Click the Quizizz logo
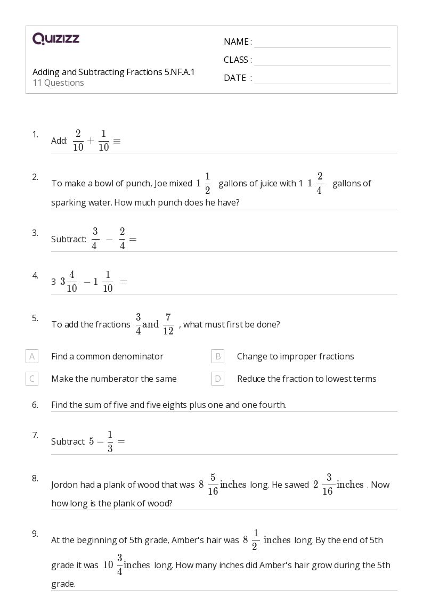(56, 38)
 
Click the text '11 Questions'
(58, 83)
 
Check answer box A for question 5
(32, 356)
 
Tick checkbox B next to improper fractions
(217, 356)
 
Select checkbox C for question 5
(32, 379)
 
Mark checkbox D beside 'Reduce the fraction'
(217, 379)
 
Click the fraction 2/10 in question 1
(78, 141)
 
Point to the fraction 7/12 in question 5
(168, 324)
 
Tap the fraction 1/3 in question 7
(110, 441)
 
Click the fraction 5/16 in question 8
(213, 485)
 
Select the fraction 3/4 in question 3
(95, 239)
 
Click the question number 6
(35, 405)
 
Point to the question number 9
(35, 534)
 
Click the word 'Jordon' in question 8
(64, 485)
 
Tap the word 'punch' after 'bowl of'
(139, 183)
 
